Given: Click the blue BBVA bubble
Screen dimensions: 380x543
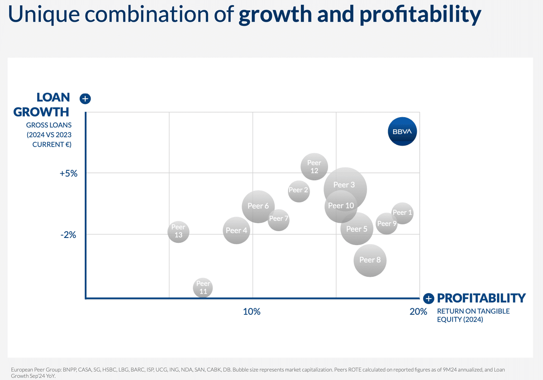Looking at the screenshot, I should coord(402,131).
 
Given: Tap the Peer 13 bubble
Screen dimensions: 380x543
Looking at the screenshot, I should coord(178,231).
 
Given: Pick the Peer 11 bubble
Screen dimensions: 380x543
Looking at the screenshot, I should coord(203,288).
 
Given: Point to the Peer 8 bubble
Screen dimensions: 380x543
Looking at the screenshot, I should coord(370,260).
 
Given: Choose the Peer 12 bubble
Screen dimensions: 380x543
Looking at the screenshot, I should coord(314,166).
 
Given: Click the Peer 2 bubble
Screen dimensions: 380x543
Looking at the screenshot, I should coord(298,190).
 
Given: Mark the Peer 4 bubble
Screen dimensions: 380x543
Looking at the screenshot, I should coord(236,230).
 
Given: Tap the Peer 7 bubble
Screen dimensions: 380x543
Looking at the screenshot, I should coord(278,219).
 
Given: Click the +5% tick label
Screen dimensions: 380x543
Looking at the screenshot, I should coord(69,173).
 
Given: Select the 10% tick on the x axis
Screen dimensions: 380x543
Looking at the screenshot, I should coord(252,312).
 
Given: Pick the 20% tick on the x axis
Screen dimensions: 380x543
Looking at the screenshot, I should coord(418,312).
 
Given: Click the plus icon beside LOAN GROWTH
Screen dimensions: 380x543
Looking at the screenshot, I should coord(85,99).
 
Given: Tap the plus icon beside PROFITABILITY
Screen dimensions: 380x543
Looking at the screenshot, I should coord(429,299).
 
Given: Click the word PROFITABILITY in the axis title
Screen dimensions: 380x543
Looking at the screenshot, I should coord(481,298).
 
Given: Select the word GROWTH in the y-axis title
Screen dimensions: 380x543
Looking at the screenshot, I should coord(41,111).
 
